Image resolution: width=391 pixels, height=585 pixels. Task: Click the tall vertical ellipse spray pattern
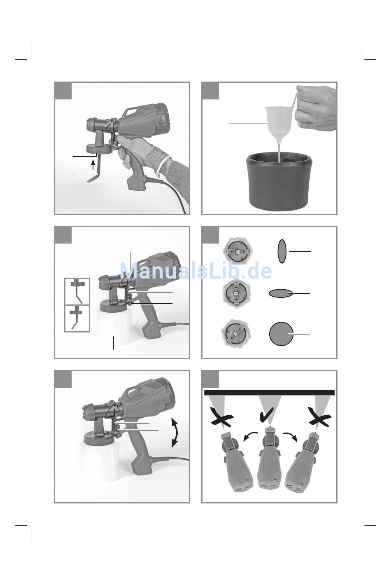(282, 251)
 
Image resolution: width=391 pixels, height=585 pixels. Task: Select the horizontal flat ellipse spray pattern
(280, 293)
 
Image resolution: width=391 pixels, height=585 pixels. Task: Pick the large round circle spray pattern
(281, 334)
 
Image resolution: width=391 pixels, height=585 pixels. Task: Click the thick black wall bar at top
(270, 393)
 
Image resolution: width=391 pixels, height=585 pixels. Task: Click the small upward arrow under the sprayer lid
(93, 165)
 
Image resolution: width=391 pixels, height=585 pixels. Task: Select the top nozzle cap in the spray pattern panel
(237, 251)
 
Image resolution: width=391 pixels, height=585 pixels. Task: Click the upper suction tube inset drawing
(77, 291)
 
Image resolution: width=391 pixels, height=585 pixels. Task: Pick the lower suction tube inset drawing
(77, 318)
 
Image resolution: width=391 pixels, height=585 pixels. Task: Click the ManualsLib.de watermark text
(195, 270)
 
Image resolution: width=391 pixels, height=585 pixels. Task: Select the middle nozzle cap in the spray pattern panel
(237, 293)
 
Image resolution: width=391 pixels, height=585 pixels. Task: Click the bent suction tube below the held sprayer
(94, 172)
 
